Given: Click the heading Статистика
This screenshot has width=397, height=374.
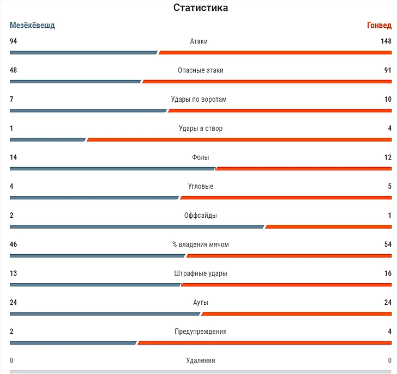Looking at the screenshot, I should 201,8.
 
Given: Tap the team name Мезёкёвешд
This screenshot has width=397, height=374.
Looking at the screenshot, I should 32,26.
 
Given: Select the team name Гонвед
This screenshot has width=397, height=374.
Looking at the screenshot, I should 379,26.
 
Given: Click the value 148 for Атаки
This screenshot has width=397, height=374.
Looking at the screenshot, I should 386,41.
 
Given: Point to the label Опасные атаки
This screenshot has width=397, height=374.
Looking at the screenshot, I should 201,70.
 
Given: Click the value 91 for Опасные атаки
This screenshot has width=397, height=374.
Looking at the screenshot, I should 387,70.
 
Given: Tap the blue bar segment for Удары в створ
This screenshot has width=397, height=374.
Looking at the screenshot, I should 47,139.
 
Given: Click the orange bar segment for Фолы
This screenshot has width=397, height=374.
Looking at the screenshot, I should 304,168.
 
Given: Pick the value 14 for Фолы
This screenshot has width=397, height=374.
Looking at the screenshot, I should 14,157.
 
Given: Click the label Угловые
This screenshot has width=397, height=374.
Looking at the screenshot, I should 201,186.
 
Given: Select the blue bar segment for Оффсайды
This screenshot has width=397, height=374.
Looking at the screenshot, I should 137,226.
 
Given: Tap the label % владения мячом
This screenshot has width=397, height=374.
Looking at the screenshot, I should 201,244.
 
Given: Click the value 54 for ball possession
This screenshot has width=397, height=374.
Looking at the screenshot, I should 388,244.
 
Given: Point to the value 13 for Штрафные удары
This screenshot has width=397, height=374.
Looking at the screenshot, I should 14,273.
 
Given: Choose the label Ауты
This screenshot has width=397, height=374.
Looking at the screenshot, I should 201,302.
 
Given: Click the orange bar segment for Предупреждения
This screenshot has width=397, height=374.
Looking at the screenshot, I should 265,342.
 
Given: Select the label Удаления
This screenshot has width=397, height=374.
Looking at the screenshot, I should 201,360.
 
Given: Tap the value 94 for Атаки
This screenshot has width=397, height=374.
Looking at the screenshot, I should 14,41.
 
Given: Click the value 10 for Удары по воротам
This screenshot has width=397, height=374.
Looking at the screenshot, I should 388,99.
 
